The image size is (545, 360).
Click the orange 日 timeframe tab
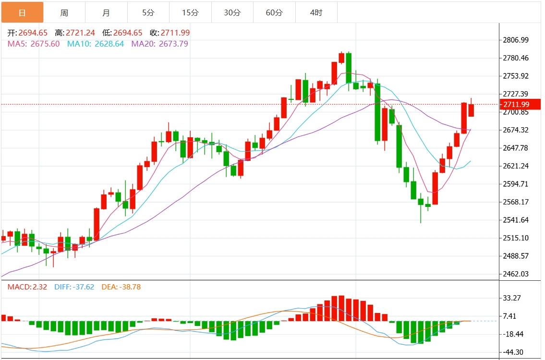pos(22,12)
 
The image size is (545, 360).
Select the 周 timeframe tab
pos(64,12)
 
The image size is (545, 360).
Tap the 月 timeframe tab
pos(106,12)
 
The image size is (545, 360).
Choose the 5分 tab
pos(148,12)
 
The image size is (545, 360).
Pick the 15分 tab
pos(190,12)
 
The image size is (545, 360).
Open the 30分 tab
pos(232,12)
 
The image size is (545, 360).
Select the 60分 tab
pos(274,12)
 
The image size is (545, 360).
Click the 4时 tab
pos(316,12)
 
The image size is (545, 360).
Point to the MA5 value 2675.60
pos(45,44)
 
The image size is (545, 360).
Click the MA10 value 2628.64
pos(109,44)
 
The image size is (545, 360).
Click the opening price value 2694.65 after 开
pos(33,33)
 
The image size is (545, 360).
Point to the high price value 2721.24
pos(81,33)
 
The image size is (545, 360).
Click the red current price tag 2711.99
pos(516,105)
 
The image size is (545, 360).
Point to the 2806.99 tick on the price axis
pos(515,40)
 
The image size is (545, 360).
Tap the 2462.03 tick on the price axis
pos(515,274)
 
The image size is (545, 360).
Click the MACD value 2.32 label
pos(40,287)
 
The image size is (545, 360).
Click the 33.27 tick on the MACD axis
pos(512,298)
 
